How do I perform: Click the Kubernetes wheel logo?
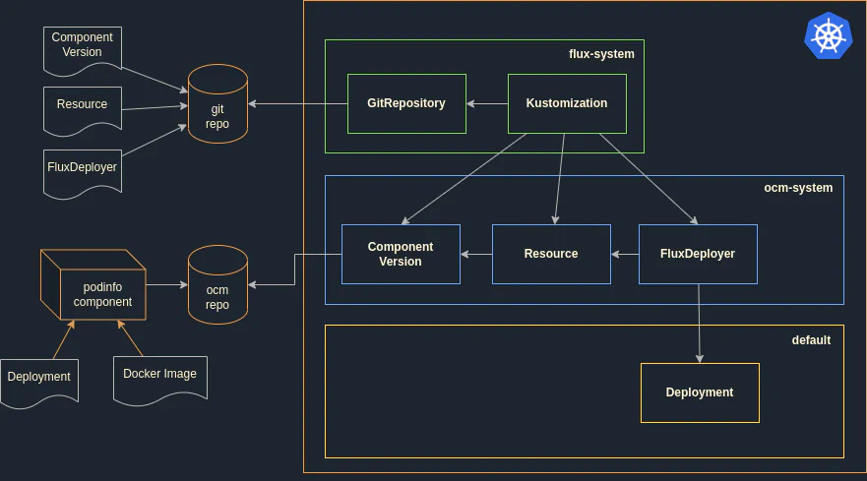click(x=828, y=36)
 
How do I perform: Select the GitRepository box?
click(x=406, y=103)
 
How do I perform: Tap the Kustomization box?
click(x=567, y=103)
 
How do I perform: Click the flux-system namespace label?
click(x=601, y=54)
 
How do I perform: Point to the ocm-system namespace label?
click(x=798, y=188)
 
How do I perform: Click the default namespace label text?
click(x=811, y=340)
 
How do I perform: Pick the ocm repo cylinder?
click(x=217, y=285)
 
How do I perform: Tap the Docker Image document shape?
click(x=159, y=377)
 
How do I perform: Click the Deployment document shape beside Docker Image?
click(x=39, y=380)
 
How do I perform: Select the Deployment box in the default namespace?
click(x=700, y=392)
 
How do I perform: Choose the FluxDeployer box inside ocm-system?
click(x=698, y=254)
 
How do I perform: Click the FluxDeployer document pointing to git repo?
click(x=83, y=170)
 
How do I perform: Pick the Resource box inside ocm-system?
click(x=551, y=254)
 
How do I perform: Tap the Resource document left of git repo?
click(x=83, y=107)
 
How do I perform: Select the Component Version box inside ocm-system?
click(x=401, y=254)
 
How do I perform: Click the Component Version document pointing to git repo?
click(x=83, y=47)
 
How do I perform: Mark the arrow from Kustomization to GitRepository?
click(x=487, y=103)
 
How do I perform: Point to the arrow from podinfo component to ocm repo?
click(x=167, y=284)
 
